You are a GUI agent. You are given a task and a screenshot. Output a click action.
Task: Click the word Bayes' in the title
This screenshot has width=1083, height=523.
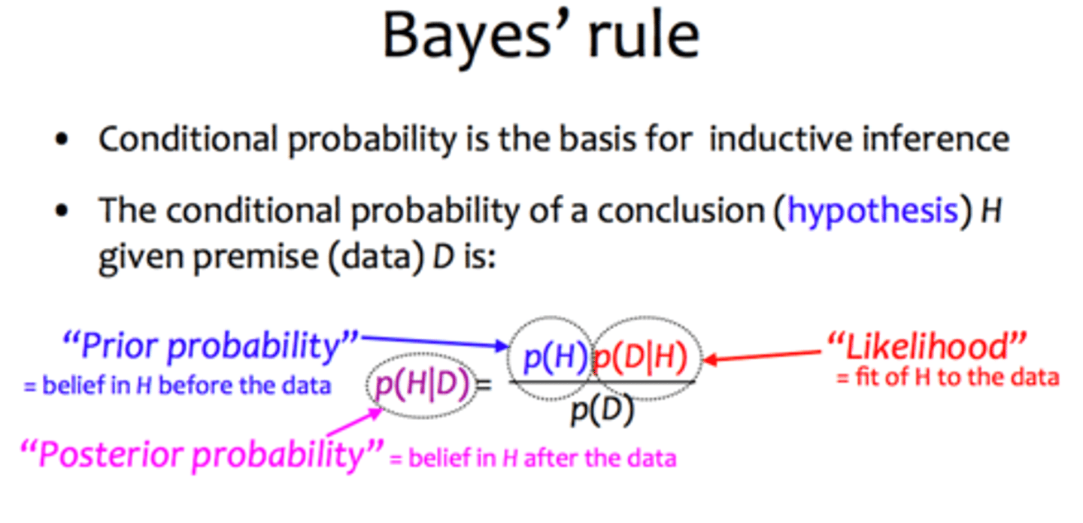[x=467, y=38]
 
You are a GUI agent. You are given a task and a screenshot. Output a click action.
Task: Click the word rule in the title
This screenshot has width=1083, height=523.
[x=644, y=35]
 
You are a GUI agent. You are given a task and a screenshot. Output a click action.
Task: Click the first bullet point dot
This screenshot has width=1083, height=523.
[x=62, y=140]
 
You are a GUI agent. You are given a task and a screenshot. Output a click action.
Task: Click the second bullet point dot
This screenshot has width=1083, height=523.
[x=62, y=211]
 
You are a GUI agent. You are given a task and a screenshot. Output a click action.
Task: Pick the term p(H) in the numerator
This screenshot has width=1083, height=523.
[x=556, y=358]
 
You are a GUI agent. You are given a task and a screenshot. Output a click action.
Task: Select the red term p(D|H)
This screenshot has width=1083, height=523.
[x=639, y=358]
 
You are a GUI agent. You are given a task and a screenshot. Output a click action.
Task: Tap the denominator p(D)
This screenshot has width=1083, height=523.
[x=602, y=411]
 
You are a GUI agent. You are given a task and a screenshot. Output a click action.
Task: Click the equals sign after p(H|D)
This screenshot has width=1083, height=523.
[x=484, y=385]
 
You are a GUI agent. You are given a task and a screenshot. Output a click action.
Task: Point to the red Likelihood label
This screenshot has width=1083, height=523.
[x=927, y=346]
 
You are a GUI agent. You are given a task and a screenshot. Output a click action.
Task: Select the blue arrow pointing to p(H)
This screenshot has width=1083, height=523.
[x=435, y=341]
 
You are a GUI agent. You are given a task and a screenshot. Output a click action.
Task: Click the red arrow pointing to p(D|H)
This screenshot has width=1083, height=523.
[x=763, y=356]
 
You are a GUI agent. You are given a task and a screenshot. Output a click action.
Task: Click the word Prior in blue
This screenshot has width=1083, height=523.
[x=120, y=346]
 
